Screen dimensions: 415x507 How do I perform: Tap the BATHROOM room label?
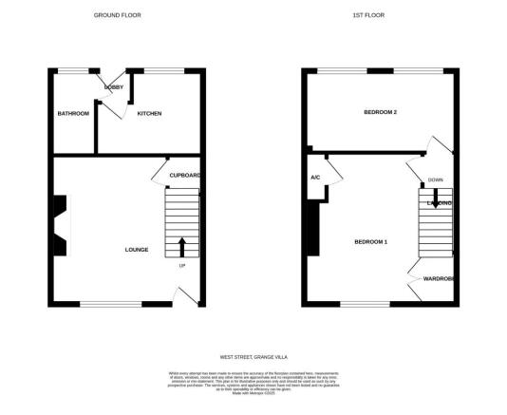(x=73, y=114)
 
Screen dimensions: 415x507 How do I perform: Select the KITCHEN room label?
(x=149, y=114)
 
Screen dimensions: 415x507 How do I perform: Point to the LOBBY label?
(x=115, y=86)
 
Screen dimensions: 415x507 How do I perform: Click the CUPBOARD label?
(x=184, y=176)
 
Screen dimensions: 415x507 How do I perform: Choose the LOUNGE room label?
(x=137, y=250)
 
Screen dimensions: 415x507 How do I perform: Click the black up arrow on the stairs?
(x=182, y=247)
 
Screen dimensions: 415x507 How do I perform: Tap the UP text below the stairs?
(x=182, y=265)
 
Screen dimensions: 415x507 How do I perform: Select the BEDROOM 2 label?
(x=381, y=113)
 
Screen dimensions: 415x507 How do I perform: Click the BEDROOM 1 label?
(x=371, y=241)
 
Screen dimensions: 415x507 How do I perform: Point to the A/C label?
(x=314, y=178)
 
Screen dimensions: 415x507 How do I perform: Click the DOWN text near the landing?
(x=435, y=179)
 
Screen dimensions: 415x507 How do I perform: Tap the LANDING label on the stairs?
(x=438, y=203)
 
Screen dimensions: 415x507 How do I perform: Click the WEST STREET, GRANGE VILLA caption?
(x=253, y=357)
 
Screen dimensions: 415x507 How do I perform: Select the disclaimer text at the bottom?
(x=253, y=386)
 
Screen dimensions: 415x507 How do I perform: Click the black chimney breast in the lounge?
(x=60, y=226)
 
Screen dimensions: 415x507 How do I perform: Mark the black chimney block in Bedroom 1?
(x=312, y=228)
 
